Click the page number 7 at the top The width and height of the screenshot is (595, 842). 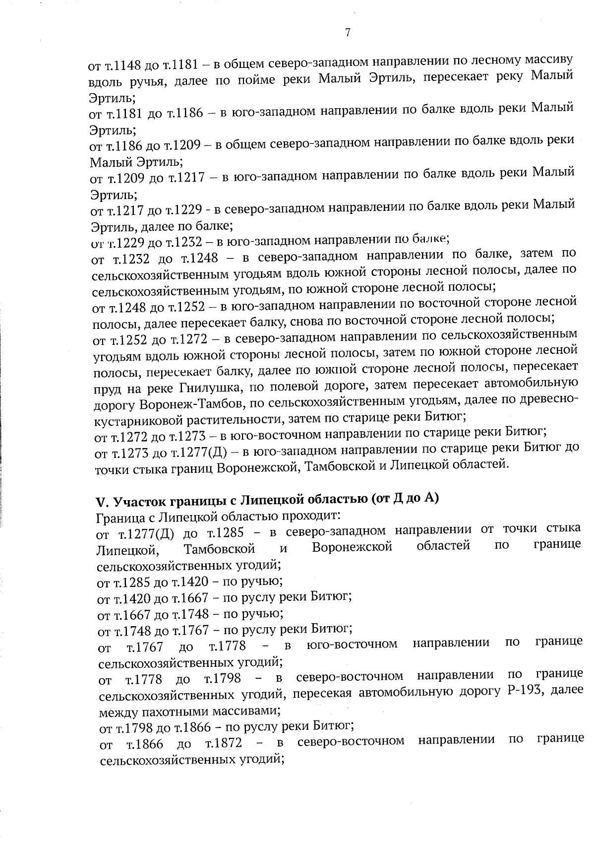[x=348, y=33]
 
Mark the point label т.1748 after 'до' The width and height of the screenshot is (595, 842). [x=187, y=614]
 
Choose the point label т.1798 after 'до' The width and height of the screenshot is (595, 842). [x=223, y=678]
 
